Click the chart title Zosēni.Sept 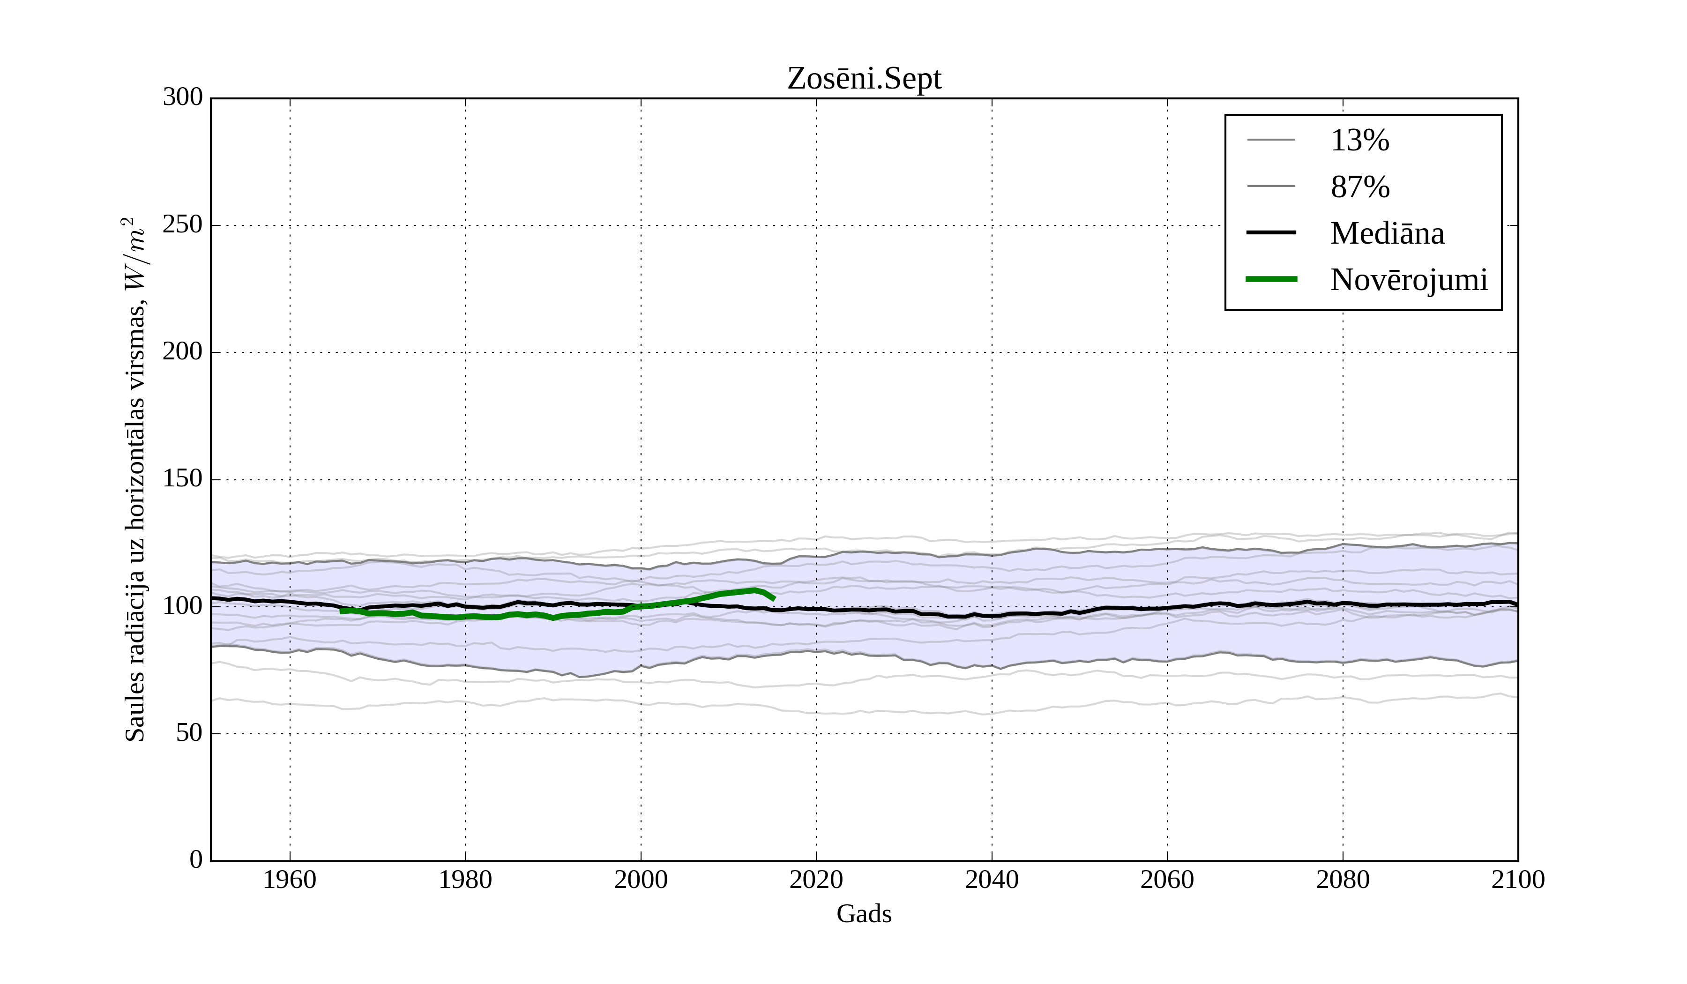864,79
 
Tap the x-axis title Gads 864,914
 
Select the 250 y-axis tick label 183,225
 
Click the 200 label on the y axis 183,352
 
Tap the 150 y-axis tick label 183,479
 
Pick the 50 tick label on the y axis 189,734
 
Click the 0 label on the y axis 196,860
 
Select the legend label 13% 1359,141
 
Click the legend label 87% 1359,187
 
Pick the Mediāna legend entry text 1387,234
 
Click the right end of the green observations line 773,598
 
